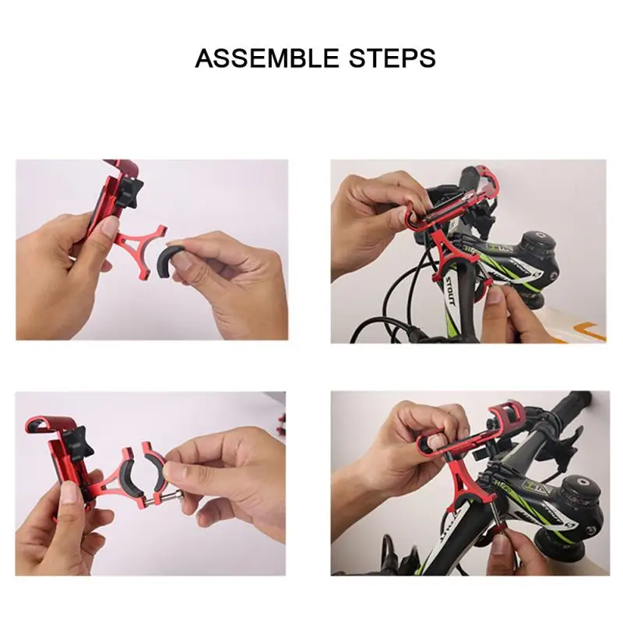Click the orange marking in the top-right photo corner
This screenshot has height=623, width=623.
pyautogui.click(x=592, y=331)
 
